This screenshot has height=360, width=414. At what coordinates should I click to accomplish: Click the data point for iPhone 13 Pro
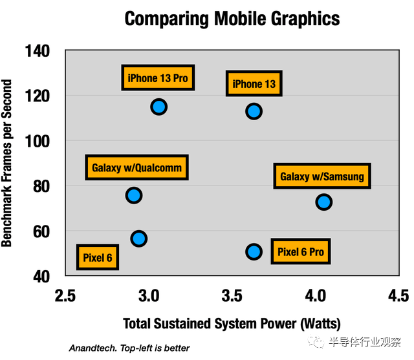coord(158,107)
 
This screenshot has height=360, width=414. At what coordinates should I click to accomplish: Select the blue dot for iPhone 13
coord(254,111)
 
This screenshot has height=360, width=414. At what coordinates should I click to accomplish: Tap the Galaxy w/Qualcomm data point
coord(134,195)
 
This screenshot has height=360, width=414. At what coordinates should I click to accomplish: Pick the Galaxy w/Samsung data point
coord(323,202)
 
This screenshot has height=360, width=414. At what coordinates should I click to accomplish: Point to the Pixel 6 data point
coord(138,239)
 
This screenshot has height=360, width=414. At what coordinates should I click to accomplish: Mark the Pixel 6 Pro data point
coord(254,251)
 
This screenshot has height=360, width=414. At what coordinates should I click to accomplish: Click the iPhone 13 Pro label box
coord(158,78)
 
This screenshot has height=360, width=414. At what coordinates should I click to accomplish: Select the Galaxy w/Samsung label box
coord(322,176)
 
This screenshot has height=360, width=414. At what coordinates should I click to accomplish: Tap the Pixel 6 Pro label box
coord(301,251)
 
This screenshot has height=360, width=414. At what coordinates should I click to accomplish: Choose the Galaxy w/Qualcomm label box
coord(137,167)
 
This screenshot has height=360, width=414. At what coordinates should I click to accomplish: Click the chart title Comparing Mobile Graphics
coord(232,18)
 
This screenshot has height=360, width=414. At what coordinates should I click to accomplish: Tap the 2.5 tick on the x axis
coord(65,296)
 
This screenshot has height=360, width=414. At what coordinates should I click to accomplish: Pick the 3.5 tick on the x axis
coord(232,296)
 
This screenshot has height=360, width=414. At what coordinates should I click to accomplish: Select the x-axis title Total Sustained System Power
coord(232,323)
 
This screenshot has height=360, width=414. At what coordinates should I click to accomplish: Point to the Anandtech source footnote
coord(129,348)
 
